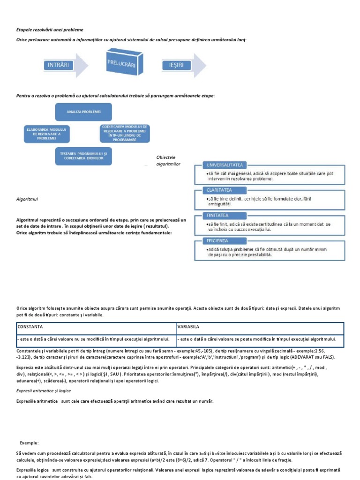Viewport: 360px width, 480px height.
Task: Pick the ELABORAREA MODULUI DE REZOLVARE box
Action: click(x=47, y=133)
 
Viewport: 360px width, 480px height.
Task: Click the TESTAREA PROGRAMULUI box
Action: click(x=84, y=156)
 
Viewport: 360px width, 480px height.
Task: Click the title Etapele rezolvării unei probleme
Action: click(x=53, y=30)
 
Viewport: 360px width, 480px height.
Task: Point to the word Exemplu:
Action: click(x=29, y=442)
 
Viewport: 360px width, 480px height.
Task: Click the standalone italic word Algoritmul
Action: click(x=27, y=199)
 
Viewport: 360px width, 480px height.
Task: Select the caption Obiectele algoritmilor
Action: click(x=168, y=160)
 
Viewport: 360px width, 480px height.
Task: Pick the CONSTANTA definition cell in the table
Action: click(x=96, y=339)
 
